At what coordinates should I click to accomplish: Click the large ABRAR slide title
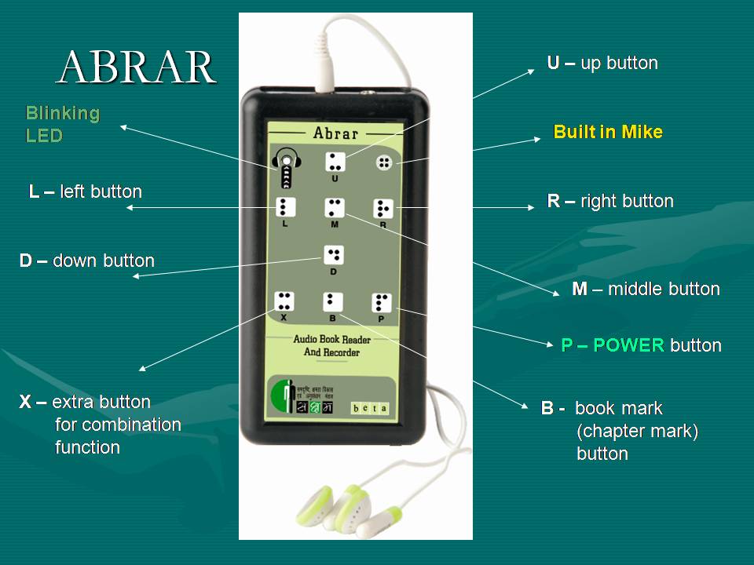pyautogui.click(x=137, y=67)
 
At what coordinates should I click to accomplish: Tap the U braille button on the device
pyautogui.click(x=335, y=162)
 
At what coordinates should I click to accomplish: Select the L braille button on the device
pyautogui.click(x=285, y=207)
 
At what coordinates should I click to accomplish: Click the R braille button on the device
pyautogui.click(x=382, y=208)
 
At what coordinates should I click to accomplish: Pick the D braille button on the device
pyautogui.click(x=334, y=254)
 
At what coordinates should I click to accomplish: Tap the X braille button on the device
pyautogui.click(x=284, y=301)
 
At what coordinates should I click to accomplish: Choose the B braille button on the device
pyautogui.click(x=332, y=301)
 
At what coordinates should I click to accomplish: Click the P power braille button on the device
pyautogui.click(x=382, y=302)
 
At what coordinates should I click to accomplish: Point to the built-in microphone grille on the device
pyautogui.click(x=384, y=162)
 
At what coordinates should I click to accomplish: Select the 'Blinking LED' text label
pyautogui.click(x=63, y=124)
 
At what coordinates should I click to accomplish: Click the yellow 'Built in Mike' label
pyautogui.click(x=608, y=132)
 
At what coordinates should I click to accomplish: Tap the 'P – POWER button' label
pyautogui.click(x=641, y=345)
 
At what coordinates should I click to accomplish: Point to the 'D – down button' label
pyautogui.click(x=86, y=261)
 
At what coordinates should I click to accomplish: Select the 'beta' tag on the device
pyautogui.click(x=370, y=408)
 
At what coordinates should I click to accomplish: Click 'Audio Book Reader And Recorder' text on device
pyautogui.click(x=331, y=346)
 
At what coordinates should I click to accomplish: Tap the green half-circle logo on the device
pyautogui.click(x=279, y=397)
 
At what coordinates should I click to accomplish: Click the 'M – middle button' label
pyautogui.click(x=646, y=289)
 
